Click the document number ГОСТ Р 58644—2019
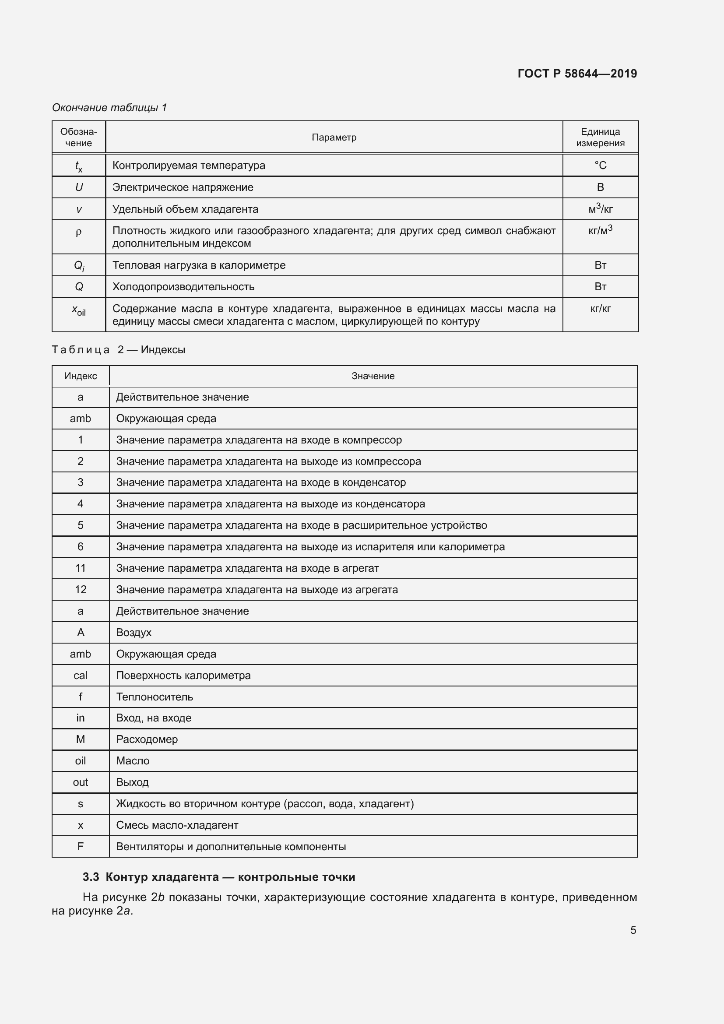coord(577,74)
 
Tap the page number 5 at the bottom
coord(633,930)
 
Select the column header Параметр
coord(334,137)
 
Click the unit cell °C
coord(600,165)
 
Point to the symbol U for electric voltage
coord(79,187)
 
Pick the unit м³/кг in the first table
coord(600,209)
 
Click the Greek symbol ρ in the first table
coord(79,232)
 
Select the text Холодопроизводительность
coord(183,287)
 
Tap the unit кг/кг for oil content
coord(600,309)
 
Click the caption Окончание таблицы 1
coord(109,108)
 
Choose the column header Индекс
coord(80,376)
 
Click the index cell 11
coord(80,568)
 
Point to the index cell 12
coord(80,590)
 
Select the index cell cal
coord(80,675)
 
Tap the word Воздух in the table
coord(134,633)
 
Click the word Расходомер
coord(147,739)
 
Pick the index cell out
coord(80,782)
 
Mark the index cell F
coord(80,847)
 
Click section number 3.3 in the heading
coord(91,877)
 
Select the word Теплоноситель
coord(154,697)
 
